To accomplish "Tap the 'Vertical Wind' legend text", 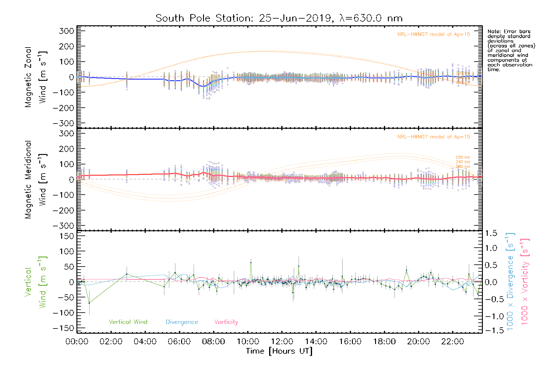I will tap(128, 322).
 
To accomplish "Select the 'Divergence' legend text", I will tap(182, 322).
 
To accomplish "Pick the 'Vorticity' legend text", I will tap(226, 322).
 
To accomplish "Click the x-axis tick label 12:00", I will tap(282, 341).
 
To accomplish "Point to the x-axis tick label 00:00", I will tap(77, 341).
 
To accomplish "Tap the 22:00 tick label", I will tap(453, 341).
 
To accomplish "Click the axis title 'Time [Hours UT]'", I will tap(279, 351).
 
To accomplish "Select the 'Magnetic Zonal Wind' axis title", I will tap(35, 77).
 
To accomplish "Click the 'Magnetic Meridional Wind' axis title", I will tap(35, 180).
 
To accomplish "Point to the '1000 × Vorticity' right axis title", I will tap(525, 281).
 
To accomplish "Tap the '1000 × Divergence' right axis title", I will tap(510, 281).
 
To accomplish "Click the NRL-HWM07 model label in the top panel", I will tap(434, 34).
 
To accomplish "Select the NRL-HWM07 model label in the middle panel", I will tap(434, 137).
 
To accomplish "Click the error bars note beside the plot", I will tap(511, 50).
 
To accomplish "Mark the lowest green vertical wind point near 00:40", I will tap(89, 303).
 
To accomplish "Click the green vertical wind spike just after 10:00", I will tap(251, 263).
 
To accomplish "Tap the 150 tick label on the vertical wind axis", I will tap(67, 236).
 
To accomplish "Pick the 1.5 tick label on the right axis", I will tap(491, 233).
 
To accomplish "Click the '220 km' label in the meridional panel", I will tap(463, 157).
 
